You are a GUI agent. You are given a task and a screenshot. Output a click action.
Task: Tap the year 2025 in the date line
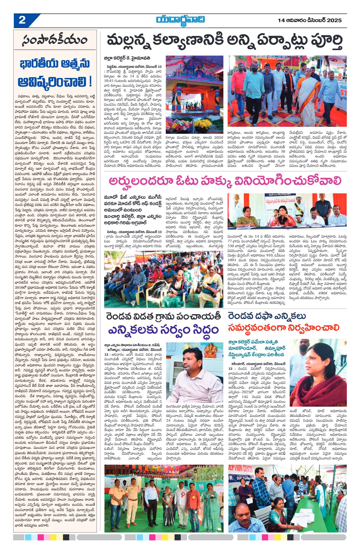334,20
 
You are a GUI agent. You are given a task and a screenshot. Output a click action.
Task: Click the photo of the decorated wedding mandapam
195,94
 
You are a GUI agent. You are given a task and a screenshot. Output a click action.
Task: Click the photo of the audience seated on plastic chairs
163,279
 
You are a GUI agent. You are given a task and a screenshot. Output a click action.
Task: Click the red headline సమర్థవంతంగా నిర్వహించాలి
283,328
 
